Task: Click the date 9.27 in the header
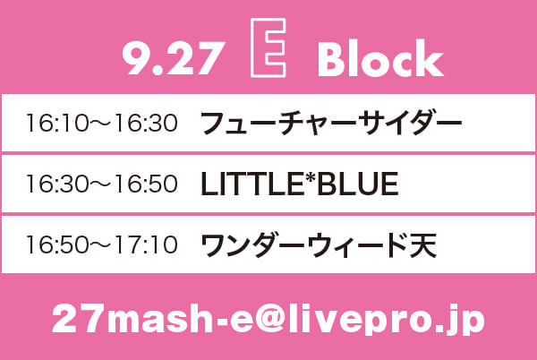click(174, 58)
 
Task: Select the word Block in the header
click(380, 57)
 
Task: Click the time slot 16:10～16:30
click(102, 123)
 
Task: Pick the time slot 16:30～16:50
click(102, 184)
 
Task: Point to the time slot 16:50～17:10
click(102, 244)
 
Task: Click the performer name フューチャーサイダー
click(331, 123)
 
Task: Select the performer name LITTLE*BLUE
click(299, 184)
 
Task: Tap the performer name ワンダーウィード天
click(319, 244)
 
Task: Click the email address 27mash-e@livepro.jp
click(268, 319)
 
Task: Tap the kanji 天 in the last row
click(423, 244)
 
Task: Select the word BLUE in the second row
click(358, 184)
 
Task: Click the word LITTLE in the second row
click(251, 184)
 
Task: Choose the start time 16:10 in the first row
click(57, 123)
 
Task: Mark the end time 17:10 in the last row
click(147, 244)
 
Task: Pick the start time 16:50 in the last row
click(57, 244)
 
